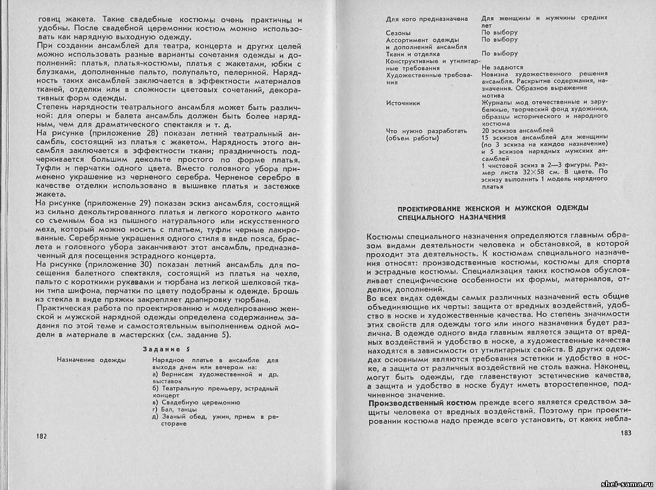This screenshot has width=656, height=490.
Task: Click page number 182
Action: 42,436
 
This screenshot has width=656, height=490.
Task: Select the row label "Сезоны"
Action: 398,32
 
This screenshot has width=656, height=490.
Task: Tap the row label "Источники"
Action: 403,103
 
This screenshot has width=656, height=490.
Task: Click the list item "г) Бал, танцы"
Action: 176,410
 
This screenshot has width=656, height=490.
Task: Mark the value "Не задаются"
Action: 502,68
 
